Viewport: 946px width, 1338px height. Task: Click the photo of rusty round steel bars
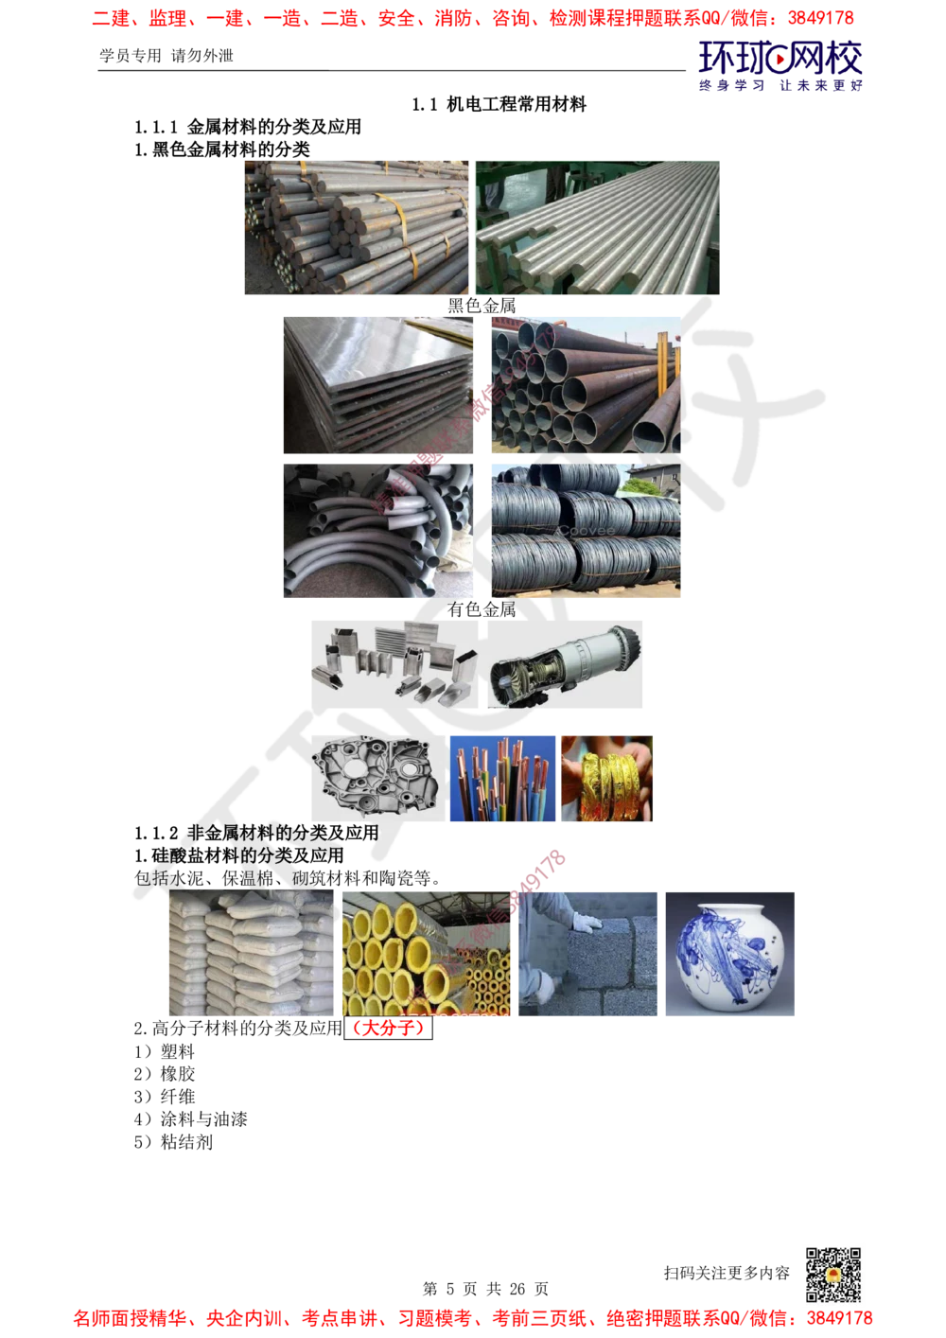[356, 227]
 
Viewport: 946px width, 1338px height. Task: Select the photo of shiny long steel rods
[600, 227]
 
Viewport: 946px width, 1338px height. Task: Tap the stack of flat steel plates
[378, 382]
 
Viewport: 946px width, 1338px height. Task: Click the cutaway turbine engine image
[565, 662]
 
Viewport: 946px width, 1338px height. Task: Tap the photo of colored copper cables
[502, 779]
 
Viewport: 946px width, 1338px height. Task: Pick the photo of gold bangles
[608, 779]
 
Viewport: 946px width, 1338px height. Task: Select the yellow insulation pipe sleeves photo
[428, 954]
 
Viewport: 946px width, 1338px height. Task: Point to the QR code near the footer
[832, 1274]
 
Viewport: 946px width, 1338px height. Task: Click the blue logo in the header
[780, 66]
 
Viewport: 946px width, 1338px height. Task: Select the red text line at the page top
[473, 18]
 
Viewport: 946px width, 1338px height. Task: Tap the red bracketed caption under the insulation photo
[388, 1029]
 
